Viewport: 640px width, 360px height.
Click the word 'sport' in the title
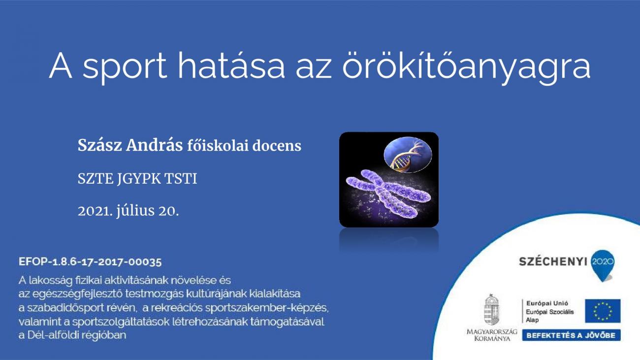(125, 67)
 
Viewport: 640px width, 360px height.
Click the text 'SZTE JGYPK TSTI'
(137, 179)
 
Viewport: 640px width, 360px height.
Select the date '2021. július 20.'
(128, 211)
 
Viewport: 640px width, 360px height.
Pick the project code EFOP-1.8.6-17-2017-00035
(90, 262)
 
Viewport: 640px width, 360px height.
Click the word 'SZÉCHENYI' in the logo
(553, 262)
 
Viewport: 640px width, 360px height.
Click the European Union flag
(603, 311)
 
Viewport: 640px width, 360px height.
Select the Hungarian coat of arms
(491, 310)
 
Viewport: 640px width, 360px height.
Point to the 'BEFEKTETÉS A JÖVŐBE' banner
(571, 335)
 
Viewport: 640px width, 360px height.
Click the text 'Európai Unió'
(547, 303)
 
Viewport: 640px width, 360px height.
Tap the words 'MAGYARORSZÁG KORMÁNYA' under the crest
(492, 335)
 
